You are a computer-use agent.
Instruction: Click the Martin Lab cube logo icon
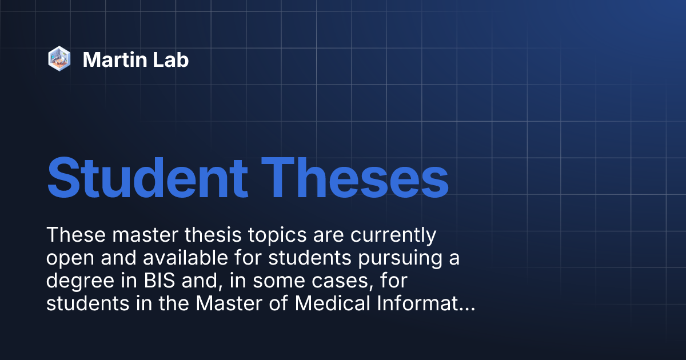click(59, 59)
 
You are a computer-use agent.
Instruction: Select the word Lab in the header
click(171, 59)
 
